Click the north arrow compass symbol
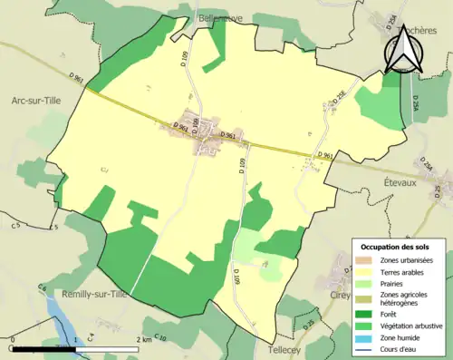pos(403,50)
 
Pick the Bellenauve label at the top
pos(221,17)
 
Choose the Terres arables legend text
pos(402,271)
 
